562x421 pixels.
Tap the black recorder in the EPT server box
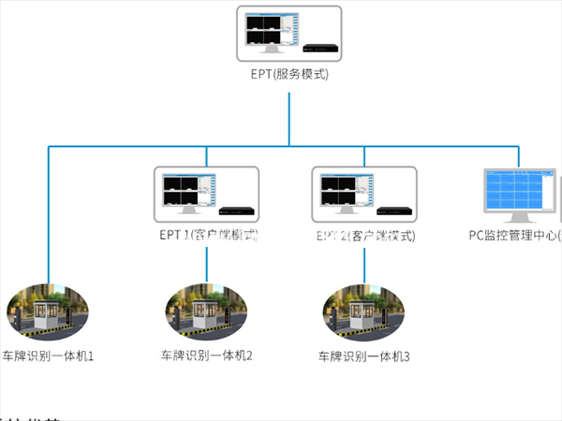[x=318, y=46]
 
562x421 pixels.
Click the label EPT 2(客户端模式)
[x=364, y=234]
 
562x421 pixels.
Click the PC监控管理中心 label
[x=514, y=234]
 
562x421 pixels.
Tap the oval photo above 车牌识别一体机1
[x=48, y=312]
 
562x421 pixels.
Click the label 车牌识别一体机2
[x=207, y=356]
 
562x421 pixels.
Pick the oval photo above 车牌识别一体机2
[x=207, y=312]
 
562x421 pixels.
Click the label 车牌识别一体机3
[x=364, y=356]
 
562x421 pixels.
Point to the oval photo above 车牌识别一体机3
[x=364, y=312]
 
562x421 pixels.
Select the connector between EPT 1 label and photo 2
[x=207, y=265]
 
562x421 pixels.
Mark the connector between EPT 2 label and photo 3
[x=364, y=265]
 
